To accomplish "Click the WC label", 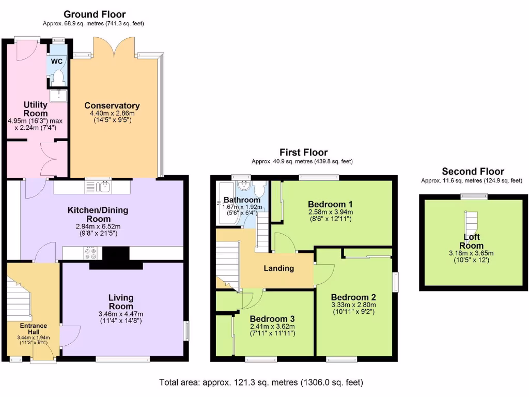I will tap(57, 62).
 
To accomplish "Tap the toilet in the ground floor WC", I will tap(58, 78).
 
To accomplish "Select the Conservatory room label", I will tap(112, 105).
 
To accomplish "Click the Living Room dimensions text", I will tap(121, 317).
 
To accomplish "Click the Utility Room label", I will tap(36, 109).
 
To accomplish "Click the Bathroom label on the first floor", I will tap(241, 200).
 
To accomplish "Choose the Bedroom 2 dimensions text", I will tap(353, 309).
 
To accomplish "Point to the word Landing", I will tap(279, 268).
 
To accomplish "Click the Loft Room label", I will tap(473, 241).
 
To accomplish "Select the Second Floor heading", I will tap(473, 172).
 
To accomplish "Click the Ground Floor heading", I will tap(94, 14).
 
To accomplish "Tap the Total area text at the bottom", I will tap(261, 383).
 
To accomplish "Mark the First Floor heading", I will tap(303, 152).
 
